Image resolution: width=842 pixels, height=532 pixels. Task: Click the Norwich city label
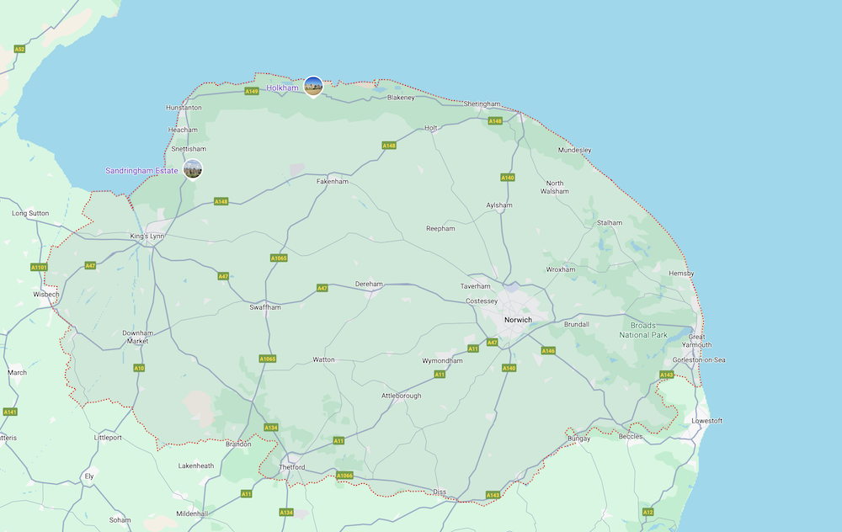point(518,320)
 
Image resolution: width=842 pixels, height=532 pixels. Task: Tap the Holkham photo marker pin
point(313,86)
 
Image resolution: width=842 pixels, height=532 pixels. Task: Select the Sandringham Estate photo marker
point(193,168)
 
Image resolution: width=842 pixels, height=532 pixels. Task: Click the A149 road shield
point(252,91)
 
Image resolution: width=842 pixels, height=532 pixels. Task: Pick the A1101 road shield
point(39,267)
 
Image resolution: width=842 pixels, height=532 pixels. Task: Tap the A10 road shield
point(139,368)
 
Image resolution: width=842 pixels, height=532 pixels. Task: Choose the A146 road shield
point(548,350)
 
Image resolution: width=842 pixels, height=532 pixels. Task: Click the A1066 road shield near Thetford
point(344,476)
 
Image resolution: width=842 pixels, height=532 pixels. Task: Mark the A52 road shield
point(19,49)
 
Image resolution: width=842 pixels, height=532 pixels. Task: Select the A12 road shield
point(647,512)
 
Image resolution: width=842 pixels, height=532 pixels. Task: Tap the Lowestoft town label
point(706,420)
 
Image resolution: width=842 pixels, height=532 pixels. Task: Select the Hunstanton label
point(184,108)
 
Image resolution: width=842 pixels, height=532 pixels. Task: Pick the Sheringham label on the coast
point(482,104)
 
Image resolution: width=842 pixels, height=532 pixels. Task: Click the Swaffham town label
point(264,307)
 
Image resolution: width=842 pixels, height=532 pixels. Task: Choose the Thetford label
point(292,467)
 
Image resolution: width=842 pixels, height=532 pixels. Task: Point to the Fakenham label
point(332,181)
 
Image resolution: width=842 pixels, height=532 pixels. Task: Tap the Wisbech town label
point(46,295)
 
